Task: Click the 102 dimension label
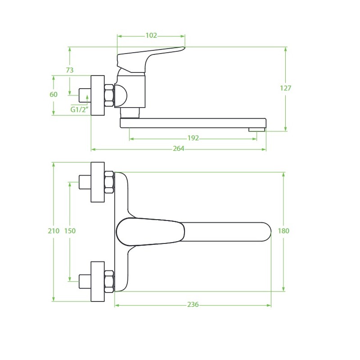151,36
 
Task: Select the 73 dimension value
70,70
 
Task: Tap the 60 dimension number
54,94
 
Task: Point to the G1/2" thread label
79,109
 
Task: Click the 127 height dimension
285,88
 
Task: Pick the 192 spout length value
193,138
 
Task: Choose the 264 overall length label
179,148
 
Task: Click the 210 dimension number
54,231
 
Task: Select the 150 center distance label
70,231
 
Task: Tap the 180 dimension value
283,231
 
